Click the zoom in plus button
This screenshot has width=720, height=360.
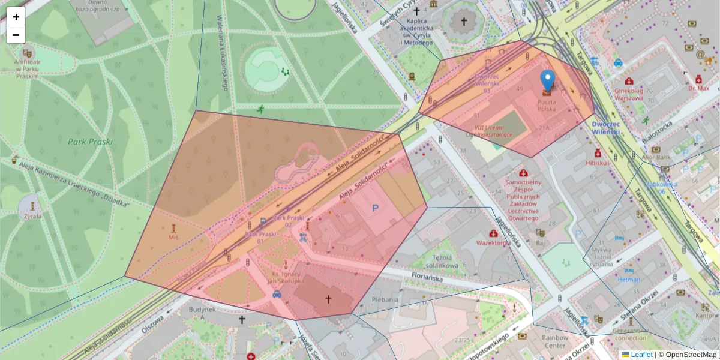tap(16, 17)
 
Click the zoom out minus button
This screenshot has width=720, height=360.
tap(16, 35)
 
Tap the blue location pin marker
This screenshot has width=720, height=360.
tap(547, 82)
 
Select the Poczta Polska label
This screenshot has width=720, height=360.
tap(546, 106)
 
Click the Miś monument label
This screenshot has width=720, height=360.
tap(174, 238)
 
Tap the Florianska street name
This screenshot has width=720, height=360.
tap(428, 277)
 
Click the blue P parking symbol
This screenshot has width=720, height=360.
tap(376, 208)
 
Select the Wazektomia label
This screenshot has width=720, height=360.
tap(494, 243)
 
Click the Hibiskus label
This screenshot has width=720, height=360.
tap(598, 163)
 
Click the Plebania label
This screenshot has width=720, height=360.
tap(385, 299)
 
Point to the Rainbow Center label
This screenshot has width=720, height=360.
tap(555, 341)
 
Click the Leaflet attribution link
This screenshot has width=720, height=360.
tap(641, 355)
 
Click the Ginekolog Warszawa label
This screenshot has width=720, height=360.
tap(629, 94)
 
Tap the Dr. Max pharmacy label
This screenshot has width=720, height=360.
tap(698, 88)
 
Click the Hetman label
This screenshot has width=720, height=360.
tap(629, 279)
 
